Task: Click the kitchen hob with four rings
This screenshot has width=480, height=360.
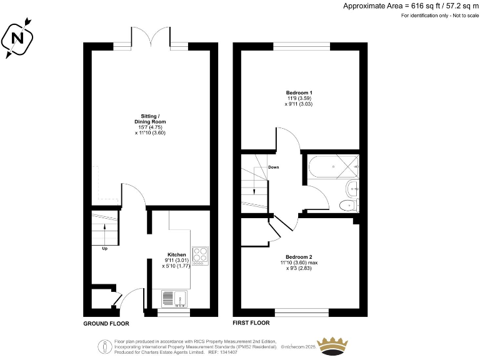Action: pos(200,255)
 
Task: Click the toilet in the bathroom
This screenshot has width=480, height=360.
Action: pos(349,204)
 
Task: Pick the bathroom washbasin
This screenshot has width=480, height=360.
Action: pos(352,187)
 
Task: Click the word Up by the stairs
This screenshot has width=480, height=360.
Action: pos(104,249)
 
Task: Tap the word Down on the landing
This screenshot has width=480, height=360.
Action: pos(274,167)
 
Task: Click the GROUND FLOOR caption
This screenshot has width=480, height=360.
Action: pos(106,324)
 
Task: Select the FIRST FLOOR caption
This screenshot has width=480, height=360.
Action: pos(251,324)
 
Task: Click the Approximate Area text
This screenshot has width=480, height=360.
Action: pos(410,6)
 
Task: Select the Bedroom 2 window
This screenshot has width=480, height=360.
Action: pos(301,311)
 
